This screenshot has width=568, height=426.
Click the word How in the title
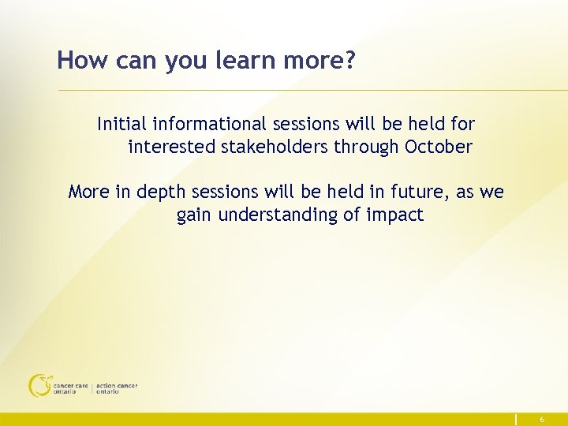click(77, 60)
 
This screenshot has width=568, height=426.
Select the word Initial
click(121, 124)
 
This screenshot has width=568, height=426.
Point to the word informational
click(208, 124)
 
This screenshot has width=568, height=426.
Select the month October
click(439, 147)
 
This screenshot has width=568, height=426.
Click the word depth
click(158, 192)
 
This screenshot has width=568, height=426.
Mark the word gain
click(194, 215)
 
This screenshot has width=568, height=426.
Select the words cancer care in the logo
click(71, 386)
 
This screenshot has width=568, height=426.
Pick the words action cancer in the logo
click(116, 386)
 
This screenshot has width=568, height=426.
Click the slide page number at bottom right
click(541, 420)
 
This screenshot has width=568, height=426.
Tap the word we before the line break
click(493, 192)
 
